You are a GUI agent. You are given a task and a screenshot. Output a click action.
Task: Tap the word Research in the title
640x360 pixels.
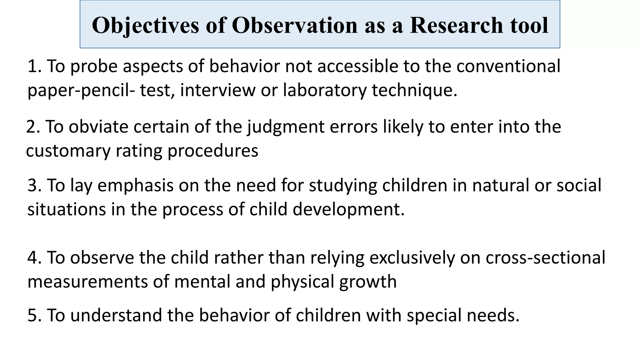[x=456, y=25]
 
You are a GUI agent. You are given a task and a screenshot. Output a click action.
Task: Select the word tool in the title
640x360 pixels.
[x=529, y=25]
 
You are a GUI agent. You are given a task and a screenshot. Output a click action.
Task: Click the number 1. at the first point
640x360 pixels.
[x=34, y=66]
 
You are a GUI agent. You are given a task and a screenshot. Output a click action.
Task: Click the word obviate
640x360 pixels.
[x=98, y=127]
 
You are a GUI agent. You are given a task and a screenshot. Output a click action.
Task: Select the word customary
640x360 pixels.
[x=68, y=151]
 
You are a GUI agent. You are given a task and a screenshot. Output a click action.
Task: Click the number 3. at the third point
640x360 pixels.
[x=34, y=185]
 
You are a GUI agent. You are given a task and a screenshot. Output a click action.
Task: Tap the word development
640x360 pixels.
[x=348, y=210]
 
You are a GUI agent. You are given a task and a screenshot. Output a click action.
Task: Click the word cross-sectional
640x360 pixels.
[x=545, y=258]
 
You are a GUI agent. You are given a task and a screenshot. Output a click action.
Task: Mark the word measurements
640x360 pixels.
[x=87, y=282]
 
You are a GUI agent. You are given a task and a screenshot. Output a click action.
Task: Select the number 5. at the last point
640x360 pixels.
[x=34, y=315]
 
